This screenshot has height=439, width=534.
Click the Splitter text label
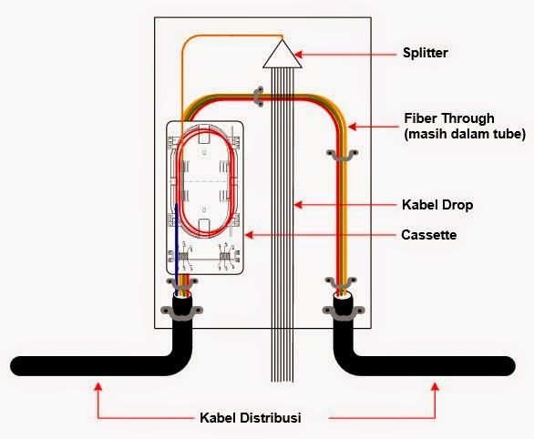click(426, 54)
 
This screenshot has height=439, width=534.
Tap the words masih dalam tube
click(465, 135)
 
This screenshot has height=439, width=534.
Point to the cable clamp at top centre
click(259, 94)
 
